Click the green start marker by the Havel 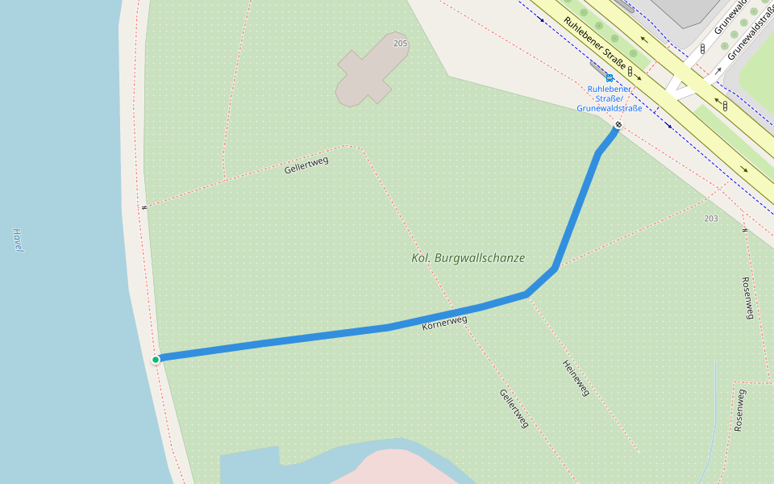(156, 359)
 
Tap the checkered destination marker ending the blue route (618, 125)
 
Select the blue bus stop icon (610, 78)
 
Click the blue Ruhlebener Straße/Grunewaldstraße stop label (610, 98)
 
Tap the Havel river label (18, 240)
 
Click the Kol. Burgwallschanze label (468, 258)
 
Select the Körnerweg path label (444, 323)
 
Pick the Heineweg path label (576, 377)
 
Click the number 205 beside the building (401, 43)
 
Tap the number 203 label (710, 219)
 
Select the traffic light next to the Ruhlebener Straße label (630, 72)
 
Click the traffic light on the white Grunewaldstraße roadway (702, 49)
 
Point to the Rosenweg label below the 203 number (747, 298)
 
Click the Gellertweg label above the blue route (306, 165)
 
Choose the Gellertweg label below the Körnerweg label (514, 408)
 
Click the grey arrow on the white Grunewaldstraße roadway (718, 70)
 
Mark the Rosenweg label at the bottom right (739, 410)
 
